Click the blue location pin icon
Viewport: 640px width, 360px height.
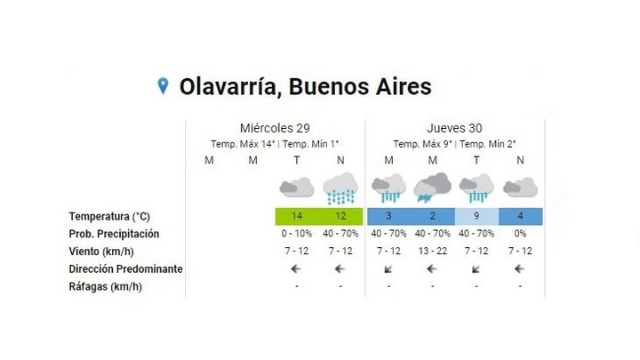point(163,85)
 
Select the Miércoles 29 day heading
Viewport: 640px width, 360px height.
point(275,128)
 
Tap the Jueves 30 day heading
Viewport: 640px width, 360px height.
point(454,128)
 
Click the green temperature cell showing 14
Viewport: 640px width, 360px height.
point(297,216)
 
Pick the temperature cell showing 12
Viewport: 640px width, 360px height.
point(340,216)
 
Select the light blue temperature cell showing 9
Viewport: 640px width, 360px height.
point(476,216)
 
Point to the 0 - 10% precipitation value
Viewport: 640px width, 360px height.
point(297,234)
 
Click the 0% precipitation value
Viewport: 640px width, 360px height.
point(520,234)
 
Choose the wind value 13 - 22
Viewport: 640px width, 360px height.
point(433,251)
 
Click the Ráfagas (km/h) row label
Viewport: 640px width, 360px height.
point(105,287)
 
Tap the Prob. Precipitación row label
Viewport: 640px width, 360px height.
point(114,234)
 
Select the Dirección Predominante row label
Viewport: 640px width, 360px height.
point(125,269)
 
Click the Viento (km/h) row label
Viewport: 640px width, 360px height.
point(101,252)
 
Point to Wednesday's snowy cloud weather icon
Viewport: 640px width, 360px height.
point(340,188)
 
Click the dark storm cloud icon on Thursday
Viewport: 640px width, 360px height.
point(433,188)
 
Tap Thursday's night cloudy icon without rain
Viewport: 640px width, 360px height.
point(520,188)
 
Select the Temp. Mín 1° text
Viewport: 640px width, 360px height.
point(310,144)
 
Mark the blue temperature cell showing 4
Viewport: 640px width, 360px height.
point(520,216)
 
